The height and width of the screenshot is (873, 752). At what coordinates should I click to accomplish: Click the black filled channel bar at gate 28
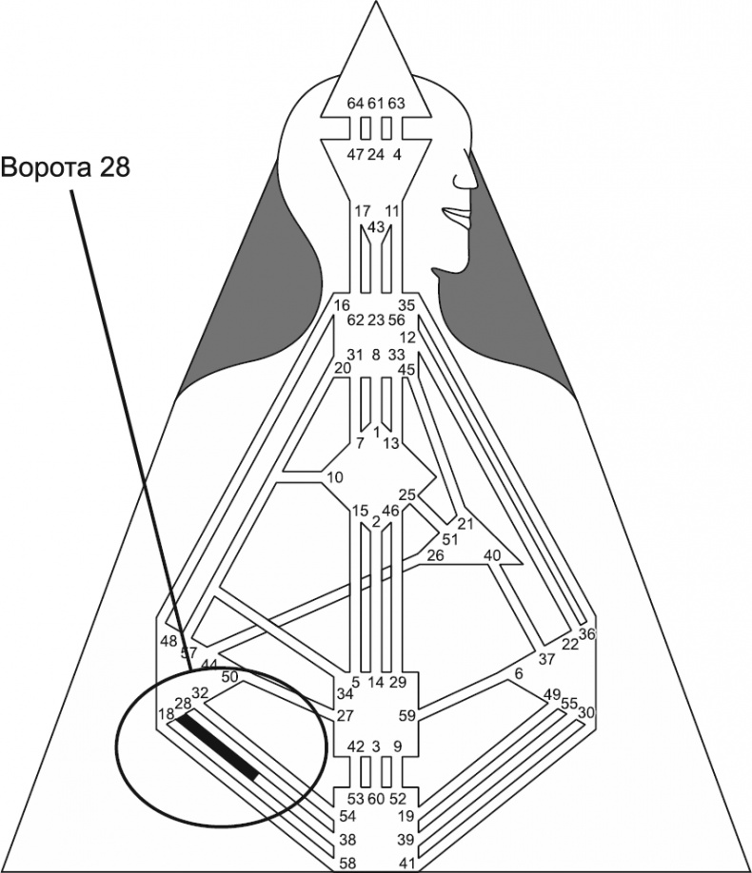(219, 747)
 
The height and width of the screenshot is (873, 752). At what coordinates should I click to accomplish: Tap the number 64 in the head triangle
(355, 104)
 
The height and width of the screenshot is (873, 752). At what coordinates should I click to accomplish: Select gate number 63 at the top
(397, 104)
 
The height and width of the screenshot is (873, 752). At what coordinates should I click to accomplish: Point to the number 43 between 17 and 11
(375, 227)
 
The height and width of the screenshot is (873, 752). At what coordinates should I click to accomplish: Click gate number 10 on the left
(334, 476)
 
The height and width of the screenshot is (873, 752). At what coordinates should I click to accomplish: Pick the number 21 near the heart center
(465, 524)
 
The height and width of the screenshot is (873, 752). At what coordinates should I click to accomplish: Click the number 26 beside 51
(435, 555)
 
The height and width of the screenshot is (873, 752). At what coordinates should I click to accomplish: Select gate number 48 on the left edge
(168, 641)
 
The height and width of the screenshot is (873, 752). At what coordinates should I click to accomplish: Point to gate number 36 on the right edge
(586, 634)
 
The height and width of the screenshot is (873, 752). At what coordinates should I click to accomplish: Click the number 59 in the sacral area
(407, 716)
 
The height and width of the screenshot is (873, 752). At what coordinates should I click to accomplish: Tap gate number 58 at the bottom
(349, 863)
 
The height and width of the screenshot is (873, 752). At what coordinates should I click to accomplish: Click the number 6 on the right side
(519, 673)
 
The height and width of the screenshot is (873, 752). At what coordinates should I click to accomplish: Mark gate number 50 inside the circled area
(229, 677)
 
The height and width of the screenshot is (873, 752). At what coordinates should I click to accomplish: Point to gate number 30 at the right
(586, 712)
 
